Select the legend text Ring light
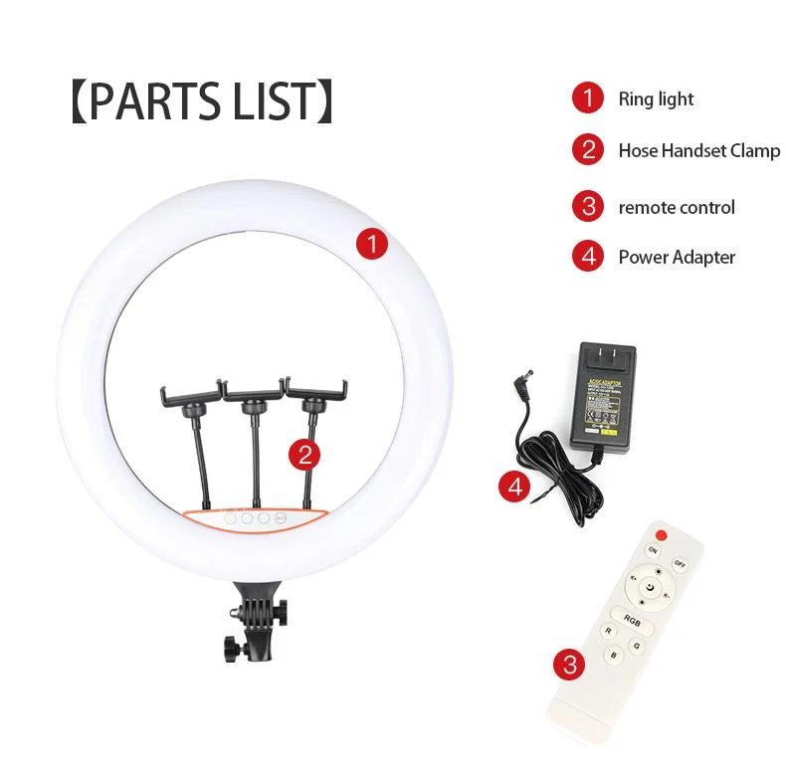(656, 98)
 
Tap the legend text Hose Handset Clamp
(698, 151)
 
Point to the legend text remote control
(677, 207)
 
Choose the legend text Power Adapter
(677, 257)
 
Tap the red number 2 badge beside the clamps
(304, 455)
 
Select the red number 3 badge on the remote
(569, 665)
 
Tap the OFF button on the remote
(681, 562)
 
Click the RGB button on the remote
(631, 620)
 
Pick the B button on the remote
(614, 655)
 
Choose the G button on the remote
(636, 645)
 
